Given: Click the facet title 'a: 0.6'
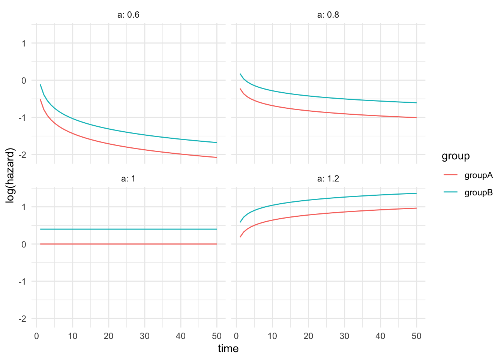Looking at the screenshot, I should [x=128, y=15].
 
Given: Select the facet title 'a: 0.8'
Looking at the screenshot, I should [x=328, y=15].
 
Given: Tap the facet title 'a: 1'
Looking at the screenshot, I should [x=128, y=179].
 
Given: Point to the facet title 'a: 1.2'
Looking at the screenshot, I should [x=328, y=179].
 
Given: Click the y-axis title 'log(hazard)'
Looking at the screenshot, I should [x=10, y=175].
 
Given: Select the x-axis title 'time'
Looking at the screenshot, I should [x=228, y=349].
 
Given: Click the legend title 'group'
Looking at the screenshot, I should [x=456, y=156].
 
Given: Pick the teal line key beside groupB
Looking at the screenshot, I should [x=451, y=192].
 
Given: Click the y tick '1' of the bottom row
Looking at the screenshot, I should [x=24, y=207].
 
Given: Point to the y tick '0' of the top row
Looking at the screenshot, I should [x=24, y=81].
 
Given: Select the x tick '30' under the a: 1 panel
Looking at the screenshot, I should [x=144, y=336].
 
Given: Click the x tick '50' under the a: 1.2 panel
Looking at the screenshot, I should [x=416, y=336].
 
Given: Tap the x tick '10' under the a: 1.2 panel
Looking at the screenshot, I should [x=272, y=336].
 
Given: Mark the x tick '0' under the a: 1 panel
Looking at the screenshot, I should [x=36, y=336].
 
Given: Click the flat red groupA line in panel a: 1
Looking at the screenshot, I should [x=127, y=244].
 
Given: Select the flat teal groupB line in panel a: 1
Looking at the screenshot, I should [x=127, y=229].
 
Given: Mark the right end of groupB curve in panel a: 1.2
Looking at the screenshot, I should [x=416, y=193].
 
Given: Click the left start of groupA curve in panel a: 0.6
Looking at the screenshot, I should [x=40, y=100].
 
